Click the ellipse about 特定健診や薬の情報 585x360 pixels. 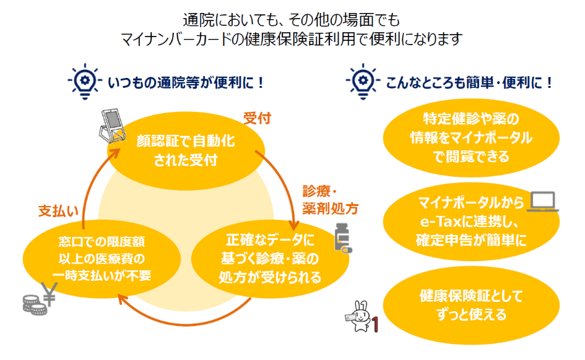pyautogui.click(x=471, y=137)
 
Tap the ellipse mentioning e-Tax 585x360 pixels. pyautogui.click(x=463, y=221)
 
